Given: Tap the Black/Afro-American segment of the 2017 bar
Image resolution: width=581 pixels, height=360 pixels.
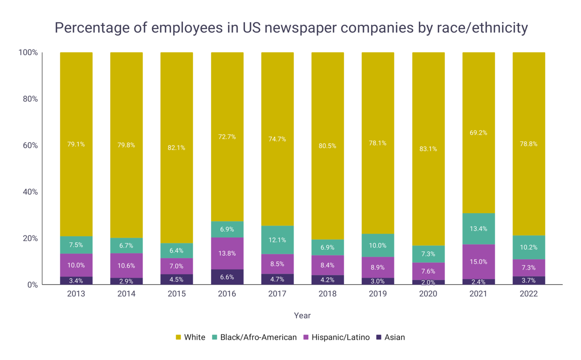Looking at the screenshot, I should click(277, 240).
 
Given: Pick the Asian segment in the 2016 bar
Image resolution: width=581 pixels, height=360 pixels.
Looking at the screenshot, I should click(227, 277).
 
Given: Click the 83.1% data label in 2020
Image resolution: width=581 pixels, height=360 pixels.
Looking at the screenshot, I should click(428, 149).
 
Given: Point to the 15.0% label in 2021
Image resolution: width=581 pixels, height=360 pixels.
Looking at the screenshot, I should click(478, 262).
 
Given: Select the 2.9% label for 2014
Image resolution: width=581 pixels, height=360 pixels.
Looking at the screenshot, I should click(126, 281).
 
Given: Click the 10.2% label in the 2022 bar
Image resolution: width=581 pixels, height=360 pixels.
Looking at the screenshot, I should click(528, 247).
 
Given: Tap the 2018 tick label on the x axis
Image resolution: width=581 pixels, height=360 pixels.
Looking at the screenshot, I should click(328, 294).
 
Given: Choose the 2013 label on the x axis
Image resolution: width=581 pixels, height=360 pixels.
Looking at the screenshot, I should click(76, 294).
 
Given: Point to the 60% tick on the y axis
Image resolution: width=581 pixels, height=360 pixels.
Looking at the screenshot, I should click(30, 145).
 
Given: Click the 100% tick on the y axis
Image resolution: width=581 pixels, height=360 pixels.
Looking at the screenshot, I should click(28, 53).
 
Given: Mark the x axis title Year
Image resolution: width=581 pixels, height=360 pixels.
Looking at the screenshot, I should click(302, 315).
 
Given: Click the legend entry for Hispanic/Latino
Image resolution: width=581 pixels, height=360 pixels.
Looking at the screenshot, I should click(340, 337).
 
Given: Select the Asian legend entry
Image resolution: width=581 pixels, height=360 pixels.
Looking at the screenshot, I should click(395, 337).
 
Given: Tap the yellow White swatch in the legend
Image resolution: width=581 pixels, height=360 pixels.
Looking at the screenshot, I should click(179, 337).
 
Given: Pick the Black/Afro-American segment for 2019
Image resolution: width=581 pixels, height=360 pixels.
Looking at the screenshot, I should click(378, 245).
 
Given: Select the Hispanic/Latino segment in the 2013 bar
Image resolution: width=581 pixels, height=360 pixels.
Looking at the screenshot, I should click(76, 265).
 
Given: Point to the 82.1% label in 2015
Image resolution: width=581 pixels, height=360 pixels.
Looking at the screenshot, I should click(177, 148).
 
